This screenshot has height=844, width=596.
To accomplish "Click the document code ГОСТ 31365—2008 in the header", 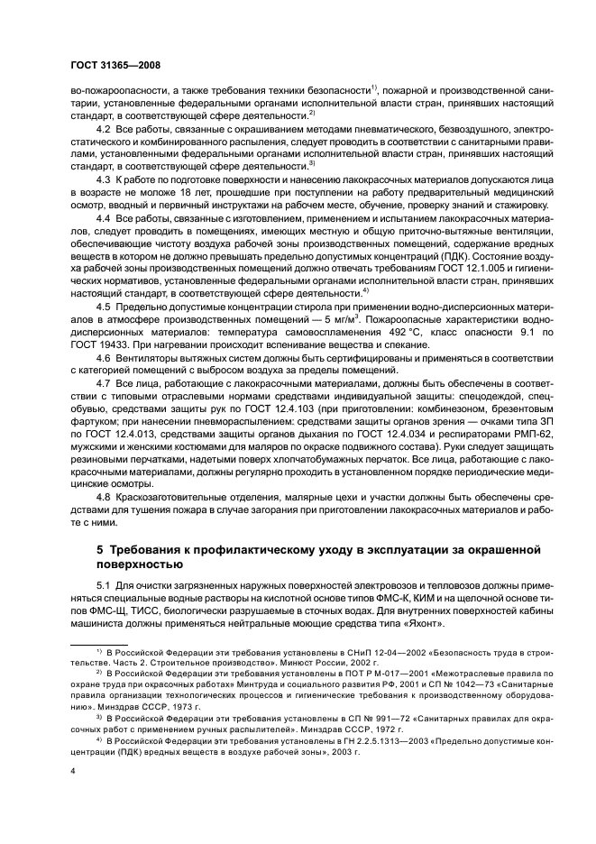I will (115, 64).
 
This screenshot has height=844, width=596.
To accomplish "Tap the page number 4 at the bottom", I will (72, 771).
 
